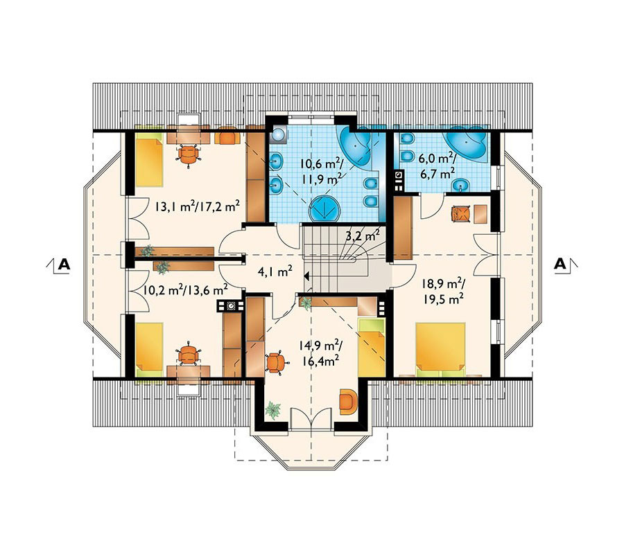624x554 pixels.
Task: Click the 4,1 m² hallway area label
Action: click(x=275, y=272)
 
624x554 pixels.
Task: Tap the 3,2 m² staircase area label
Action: click(x=362, y=236)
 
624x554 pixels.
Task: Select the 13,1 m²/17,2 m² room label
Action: click(x=198, y=206)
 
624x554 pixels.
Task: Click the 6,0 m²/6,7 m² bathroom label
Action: click(x=437, y=166)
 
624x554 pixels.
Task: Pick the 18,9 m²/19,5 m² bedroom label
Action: click(x=443, y=291)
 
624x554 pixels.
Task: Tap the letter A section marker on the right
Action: click(x=560, y=264)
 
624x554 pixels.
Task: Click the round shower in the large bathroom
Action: click(x=324, y=208)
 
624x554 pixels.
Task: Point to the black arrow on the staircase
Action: click(x=307, y=276)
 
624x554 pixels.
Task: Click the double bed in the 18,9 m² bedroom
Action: click(x=440, y=349)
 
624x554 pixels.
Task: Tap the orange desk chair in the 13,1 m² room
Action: click(x=189, y=154)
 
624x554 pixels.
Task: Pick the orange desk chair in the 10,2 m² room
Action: click(x=188, y=353)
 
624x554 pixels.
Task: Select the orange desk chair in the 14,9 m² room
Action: click(x=276, y=362)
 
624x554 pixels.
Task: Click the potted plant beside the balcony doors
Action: click(x=273, y=409)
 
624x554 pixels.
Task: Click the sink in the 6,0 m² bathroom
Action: click(x=461, y=185)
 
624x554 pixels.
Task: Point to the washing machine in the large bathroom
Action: click(x=278, y=136)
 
